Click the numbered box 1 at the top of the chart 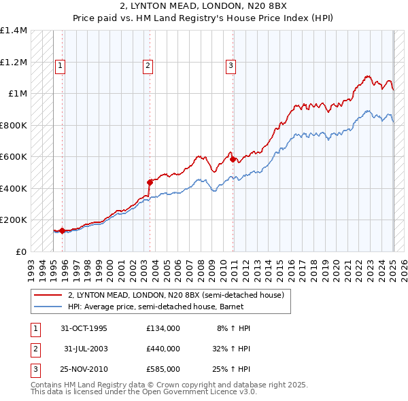point(61,66)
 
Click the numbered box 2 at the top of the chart point(148,66)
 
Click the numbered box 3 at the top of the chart point(231,66)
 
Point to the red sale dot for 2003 point(150,182)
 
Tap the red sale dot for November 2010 point(233,159)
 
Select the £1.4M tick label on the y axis point(14,31)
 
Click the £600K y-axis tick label point(13,157)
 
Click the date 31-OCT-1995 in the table point(84,328)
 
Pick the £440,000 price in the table point(163,349)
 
